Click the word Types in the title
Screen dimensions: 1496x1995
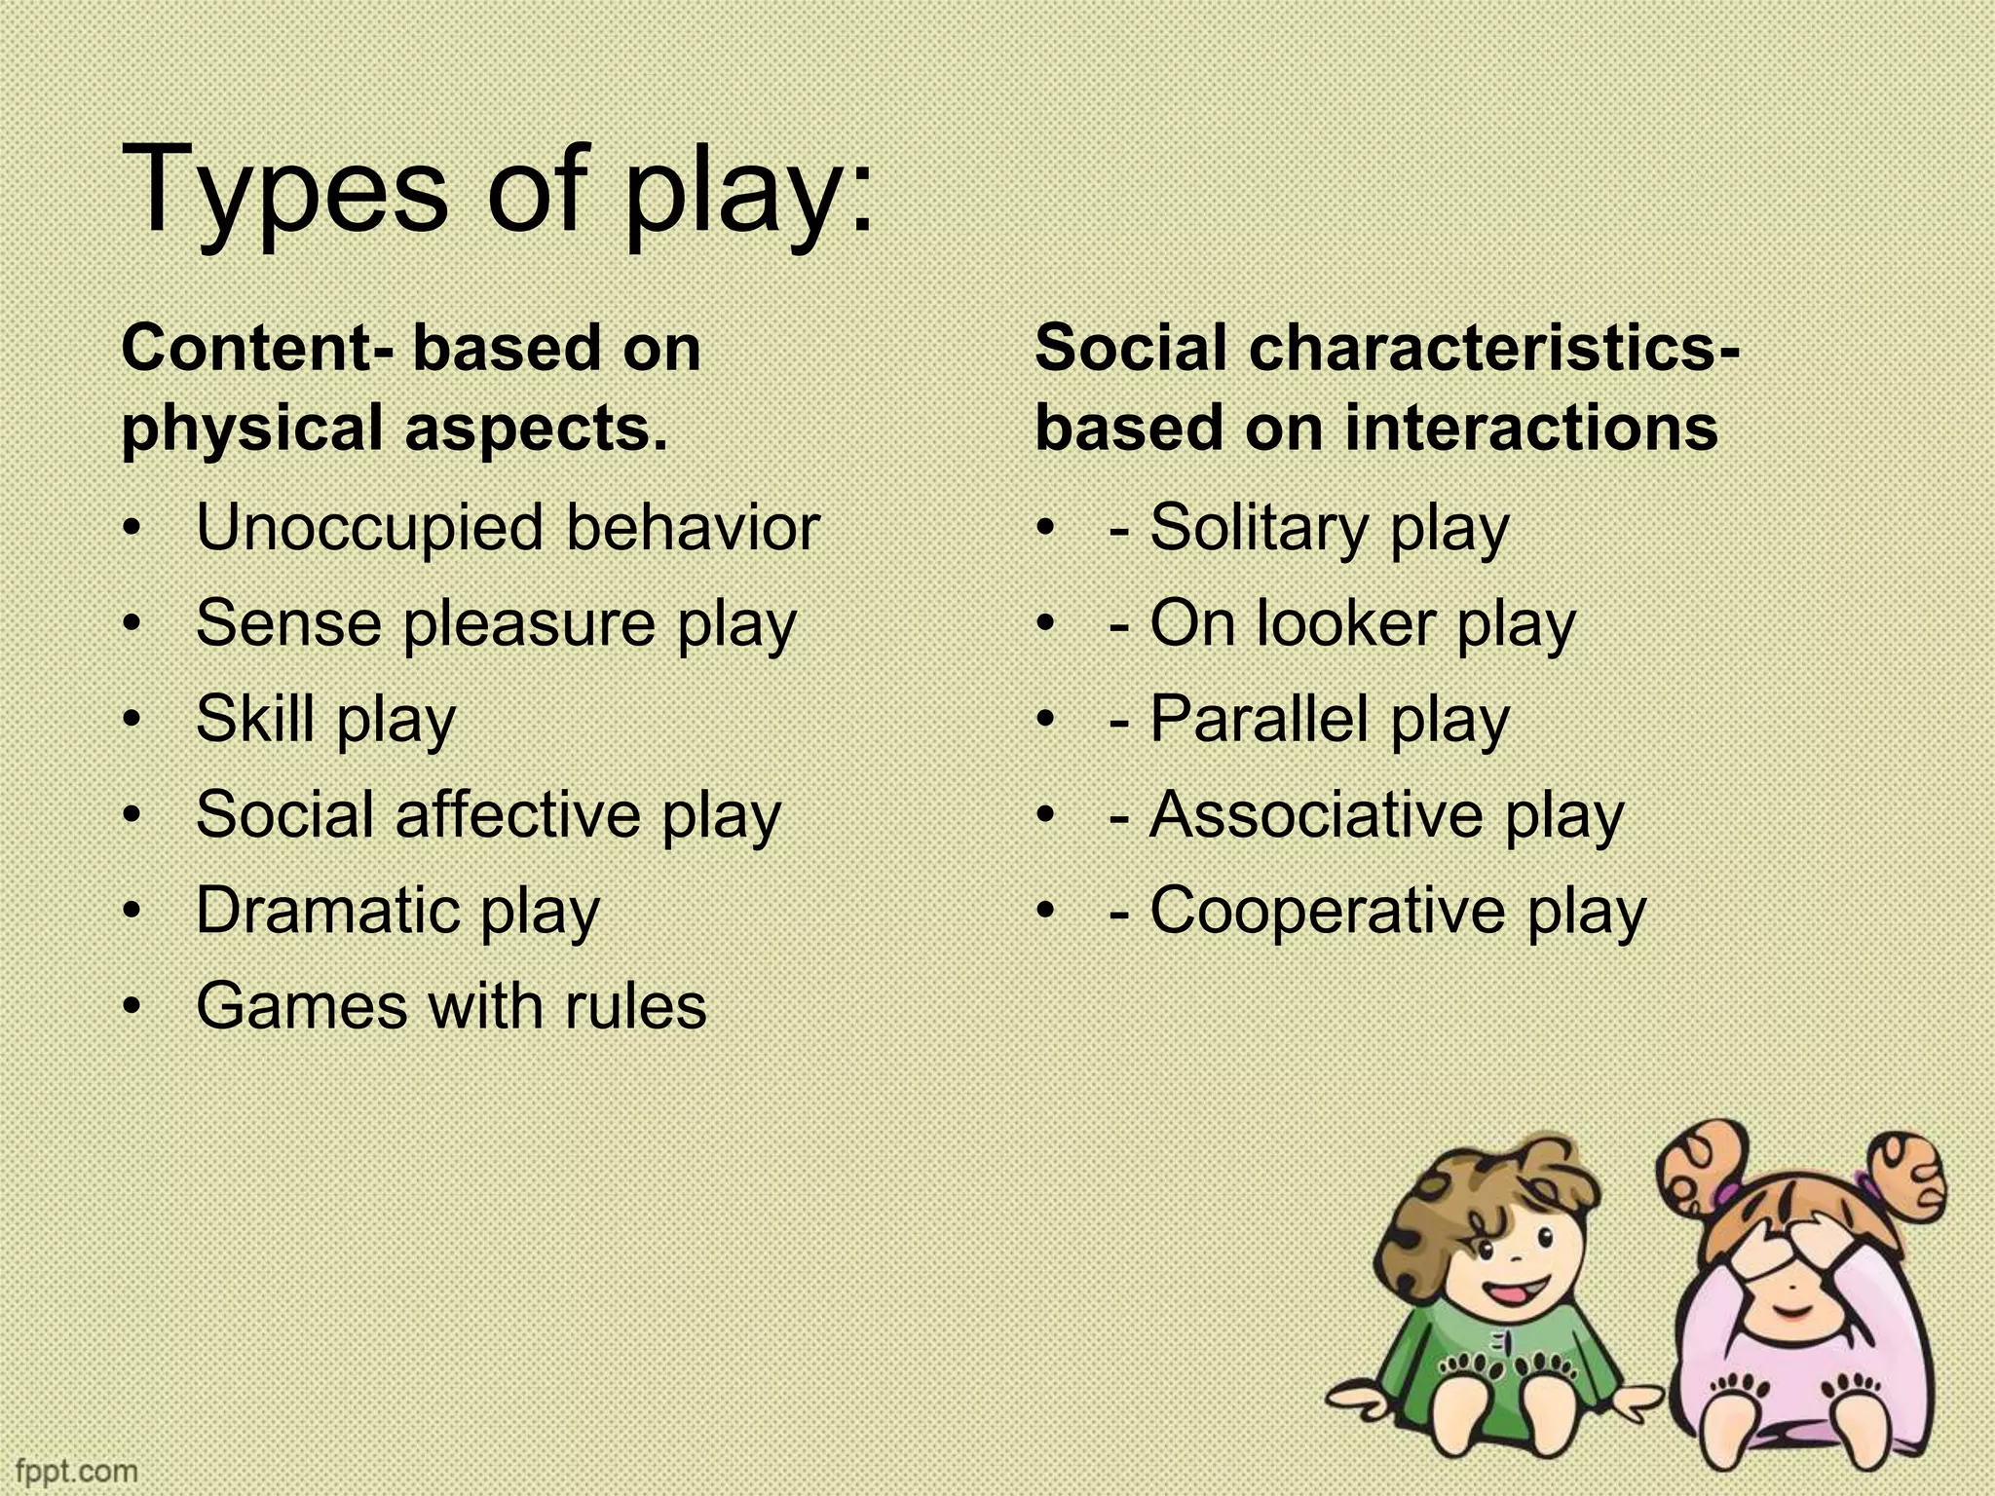[x=282, y=191]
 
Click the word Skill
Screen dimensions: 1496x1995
[x=255, y=719]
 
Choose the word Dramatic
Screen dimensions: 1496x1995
[x=327, y=910]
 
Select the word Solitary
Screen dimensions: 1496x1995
[x=1259, y=530]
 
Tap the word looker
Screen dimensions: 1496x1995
[x=1346, y=623]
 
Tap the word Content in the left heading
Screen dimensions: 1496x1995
[x=248, y=348]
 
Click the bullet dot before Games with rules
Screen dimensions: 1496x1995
[x=133, y=1005]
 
